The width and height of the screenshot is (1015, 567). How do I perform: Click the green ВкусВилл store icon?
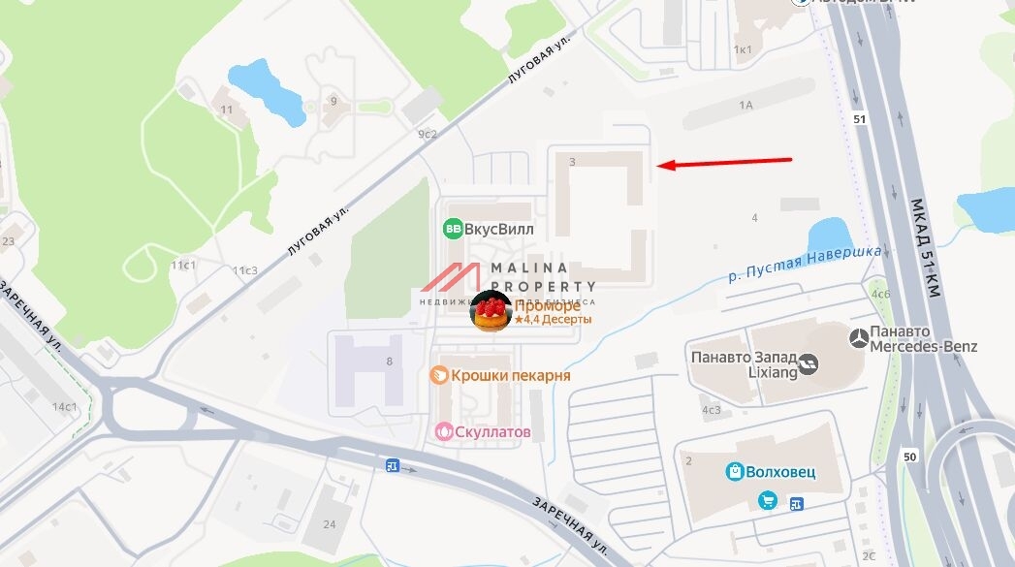point(453,230)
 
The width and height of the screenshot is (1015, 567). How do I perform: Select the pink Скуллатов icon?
point(445,430)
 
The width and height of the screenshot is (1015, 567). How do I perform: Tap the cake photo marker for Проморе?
point(491,311)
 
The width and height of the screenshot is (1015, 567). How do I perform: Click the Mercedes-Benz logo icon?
point(858,338)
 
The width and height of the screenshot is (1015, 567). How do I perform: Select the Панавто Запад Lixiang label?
point(742,363)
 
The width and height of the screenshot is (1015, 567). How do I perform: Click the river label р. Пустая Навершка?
point(805,263)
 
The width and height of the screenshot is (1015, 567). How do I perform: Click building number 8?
point(389,362)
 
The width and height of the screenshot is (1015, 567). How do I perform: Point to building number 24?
point(330,524)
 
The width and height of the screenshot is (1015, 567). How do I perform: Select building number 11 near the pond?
point(227,110)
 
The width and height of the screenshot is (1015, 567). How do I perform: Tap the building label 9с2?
point(428,134)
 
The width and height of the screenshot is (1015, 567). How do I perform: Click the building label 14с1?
point(65,406)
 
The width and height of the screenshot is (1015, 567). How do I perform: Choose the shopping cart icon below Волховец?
point(768,500)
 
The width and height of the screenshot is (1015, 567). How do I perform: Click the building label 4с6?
point(879,293)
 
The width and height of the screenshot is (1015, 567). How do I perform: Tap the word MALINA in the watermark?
point(529,268)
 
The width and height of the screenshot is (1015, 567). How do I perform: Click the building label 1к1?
point(744,48)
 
